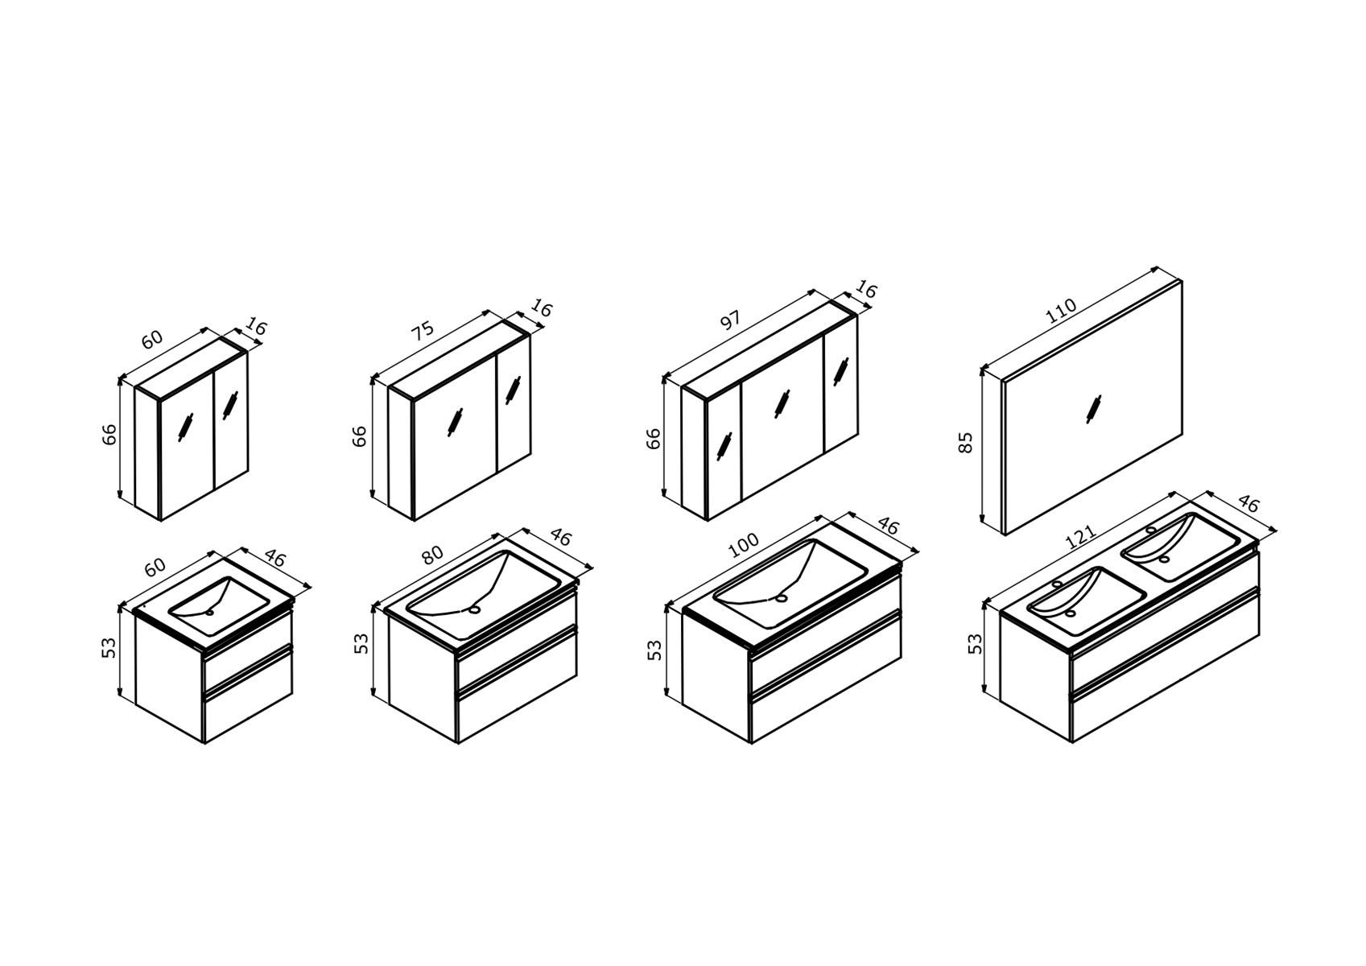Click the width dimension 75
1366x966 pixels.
tap(422, 328)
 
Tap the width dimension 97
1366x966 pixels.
tap(731, 320)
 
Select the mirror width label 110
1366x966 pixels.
tap(1061, 311)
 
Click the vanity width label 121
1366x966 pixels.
tap(1080, 537)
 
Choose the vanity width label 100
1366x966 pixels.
tap(744, 545)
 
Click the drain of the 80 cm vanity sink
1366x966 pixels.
tap(474, 609)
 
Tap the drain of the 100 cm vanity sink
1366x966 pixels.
tap(781, 598)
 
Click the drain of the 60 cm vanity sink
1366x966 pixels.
tap(210, 612)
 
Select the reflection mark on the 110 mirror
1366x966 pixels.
tap(1093, 409)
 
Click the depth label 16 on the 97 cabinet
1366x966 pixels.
tap(866, 290)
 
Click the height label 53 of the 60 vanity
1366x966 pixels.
tap(108, 647)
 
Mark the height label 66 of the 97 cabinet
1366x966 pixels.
tap(653, 439)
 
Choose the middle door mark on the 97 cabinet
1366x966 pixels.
tap(781, 404)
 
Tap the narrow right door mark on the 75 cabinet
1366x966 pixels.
tap(513, 390)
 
